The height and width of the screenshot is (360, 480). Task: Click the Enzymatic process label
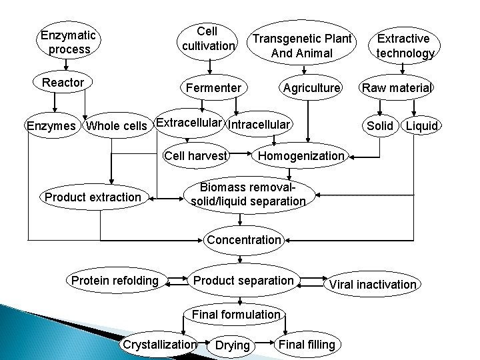coord(68,41)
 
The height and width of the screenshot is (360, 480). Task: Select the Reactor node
coord(63,83)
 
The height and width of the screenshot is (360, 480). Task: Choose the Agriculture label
coord(311,87)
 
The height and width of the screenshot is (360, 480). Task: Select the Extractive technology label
coord(405,45)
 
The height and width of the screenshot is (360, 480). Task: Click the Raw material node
coord(397,87)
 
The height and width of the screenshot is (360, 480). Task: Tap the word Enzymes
coord(51,126)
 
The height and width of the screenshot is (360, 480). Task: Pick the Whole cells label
coord(117,126)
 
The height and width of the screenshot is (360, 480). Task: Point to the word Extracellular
coord(188,123)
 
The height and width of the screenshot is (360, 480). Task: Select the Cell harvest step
coord(195,156)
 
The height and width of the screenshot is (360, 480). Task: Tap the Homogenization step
coord(301,156)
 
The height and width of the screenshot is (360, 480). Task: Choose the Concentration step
coord(244,239)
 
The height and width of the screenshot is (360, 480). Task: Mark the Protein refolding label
coord(115,281)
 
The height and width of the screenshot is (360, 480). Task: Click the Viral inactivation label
coord(371,285)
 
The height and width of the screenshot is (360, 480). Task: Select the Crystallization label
coord(160,344)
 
